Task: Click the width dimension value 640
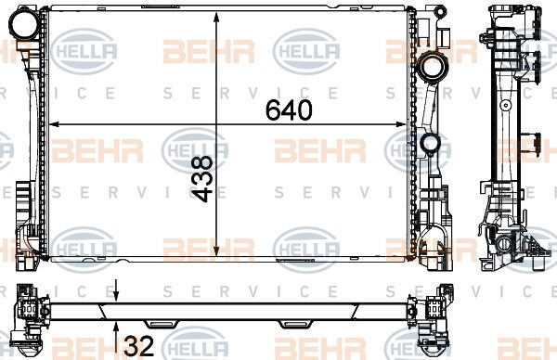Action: point(289,109)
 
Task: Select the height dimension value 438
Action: point(202,178)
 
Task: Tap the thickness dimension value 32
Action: point(139,345)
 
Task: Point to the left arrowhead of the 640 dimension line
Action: point(53,124)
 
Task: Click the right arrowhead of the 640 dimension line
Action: point(400,124)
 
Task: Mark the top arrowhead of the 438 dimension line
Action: point(216,17)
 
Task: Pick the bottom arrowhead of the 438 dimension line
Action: point(216,251)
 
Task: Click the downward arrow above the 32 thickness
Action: point(116,291)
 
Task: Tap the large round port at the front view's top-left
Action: point(24,22)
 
